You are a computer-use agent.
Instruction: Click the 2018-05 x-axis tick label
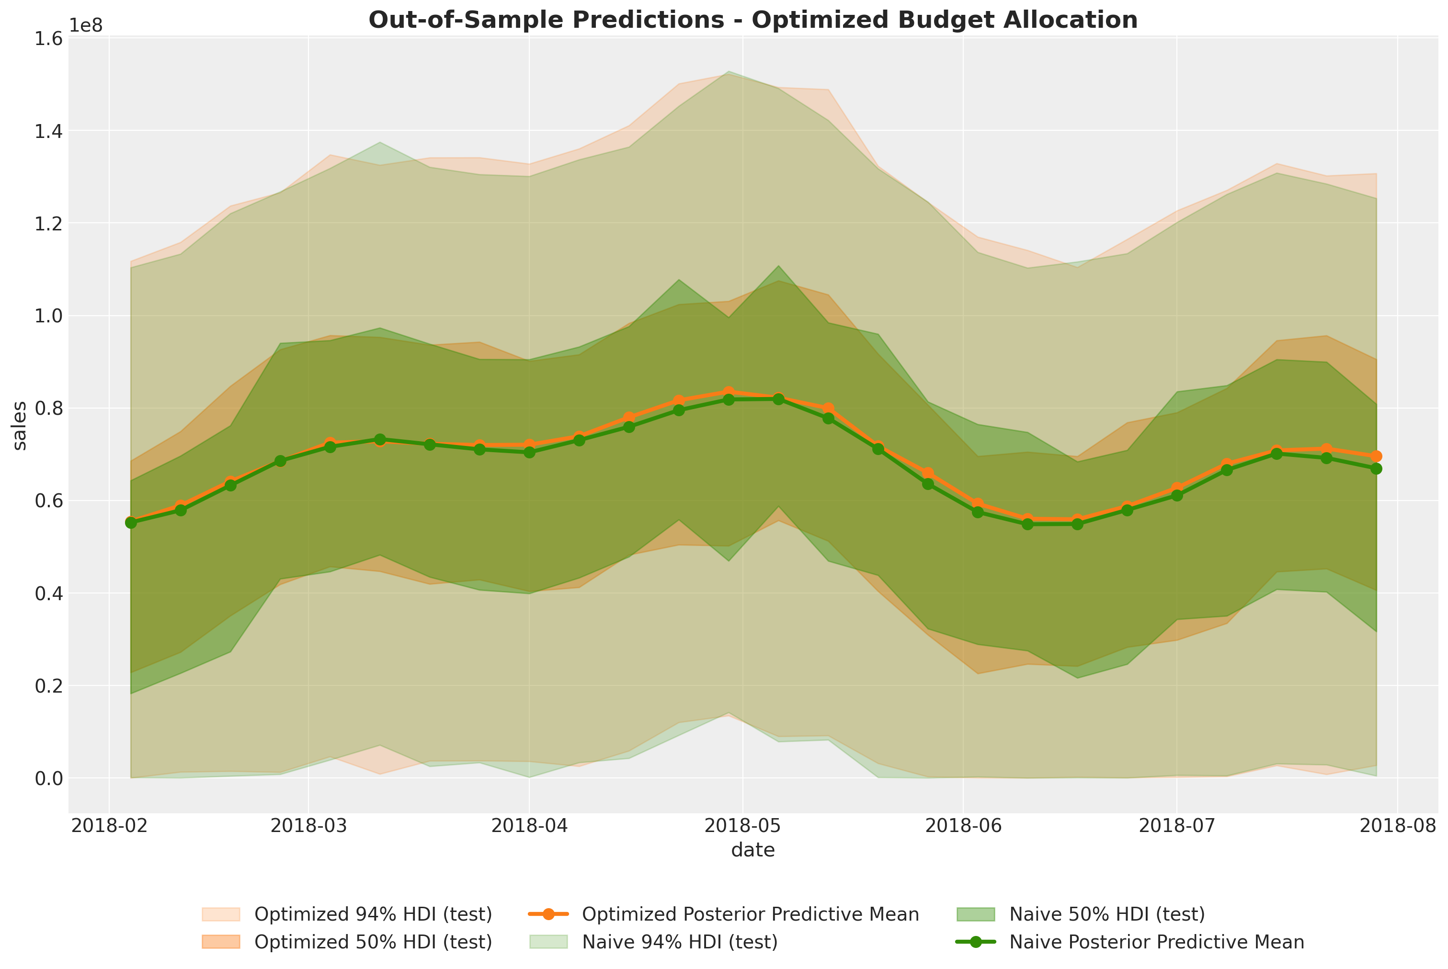click(x=743, y=827)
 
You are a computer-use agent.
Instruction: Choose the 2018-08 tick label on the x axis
click(x=1397, y=827)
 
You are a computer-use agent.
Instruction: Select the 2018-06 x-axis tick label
click(x=962, y=827)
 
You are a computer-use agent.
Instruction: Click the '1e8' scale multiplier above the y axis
click(x=86, y=25)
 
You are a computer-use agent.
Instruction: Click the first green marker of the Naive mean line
click(x=131, y=523)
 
